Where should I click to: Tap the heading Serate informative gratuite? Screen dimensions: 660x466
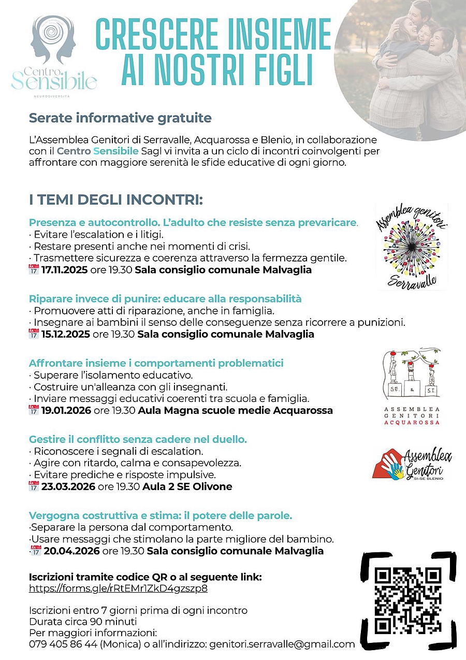120,118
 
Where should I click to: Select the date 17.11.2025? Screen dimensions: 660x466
64,270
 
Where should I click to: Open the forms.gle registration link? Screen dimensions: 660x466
118,589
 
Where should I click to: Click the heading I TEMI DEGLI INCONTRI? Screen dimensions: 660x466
115,200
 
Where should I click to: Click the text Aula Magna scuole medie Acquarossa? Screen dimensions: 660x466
235,410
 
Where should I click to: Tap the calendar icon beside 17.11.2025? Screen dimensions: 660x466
34,269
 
